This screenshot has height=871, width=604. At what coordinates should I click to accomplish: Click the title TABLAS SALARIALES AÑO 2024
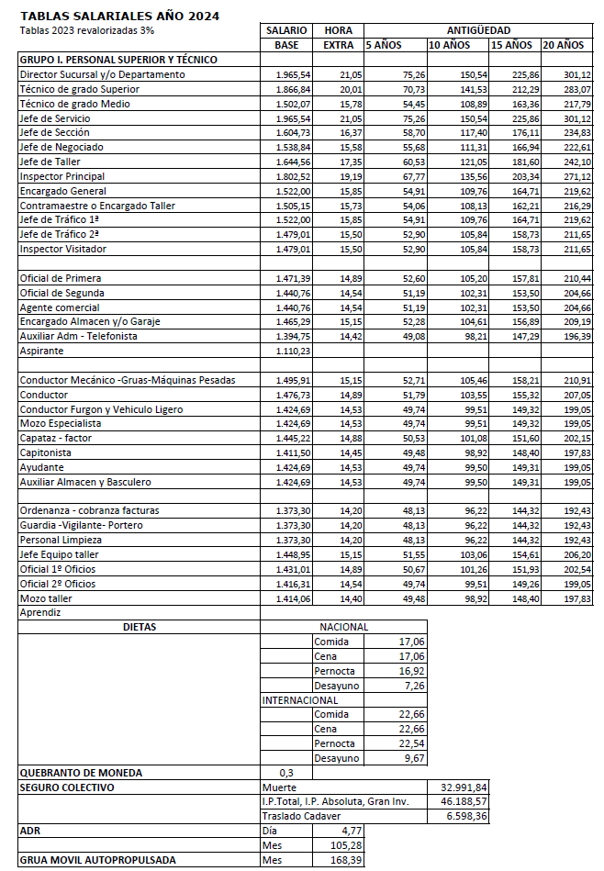point(119,17)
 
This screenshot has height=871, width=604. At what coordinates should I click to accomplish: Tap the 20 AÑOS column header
point(564,45)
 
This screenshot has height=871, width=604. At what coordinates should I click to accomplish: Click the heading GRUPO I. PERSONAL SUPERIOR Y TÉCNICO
point(118,60)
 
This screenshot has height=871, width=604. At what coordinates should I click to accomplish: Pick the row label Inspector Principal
point(62,176)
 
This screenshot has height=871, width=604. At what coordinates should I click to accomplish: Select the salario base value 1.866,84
point(294,89)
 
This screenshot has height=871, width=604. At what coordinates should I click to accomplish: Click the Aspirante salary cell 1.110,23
point(294,352)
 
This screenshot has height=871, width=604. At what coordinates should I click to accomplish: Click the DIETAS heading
point(140,627)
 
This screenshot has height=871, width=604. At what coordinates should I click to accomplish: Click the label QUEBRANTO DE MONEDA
point(82,773)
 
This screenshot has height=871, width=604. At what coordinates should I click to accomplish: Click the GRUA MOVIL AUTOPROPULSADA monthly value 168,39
point(344,860)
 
